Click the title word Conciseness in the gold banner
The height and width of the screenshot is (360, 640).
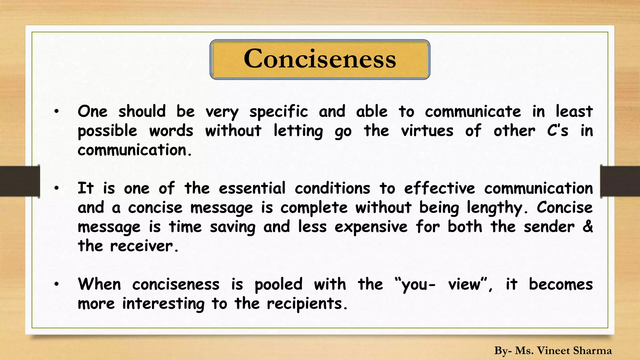tap(320, 59)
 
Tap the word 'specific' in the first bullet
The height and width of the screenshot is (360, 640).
tap(278, 112)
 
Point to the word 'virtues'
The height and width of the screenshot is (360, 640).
tap(427, 131)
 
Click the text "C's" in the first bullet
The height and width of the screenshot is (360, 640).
tap(557, 131)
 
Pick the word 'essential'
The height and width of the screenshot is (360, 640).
tap(252, 188)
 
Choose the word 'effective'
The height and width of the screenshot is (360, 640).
tap(439, 188)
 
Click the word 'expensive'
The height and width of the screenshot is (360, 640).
tap(371, 227)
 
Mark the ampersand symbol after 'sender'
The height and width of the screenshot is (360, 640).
tap(587, 227)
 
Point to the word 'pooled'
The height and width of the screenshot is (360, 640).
tap(278, 285)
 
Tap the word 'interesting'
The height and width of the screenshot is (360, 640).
tap(163, 304)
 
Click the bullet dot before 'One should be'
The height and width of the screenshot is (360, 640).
tap(56, 112)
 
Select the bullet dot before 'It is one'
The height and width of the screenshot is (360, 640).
tap(56, 188)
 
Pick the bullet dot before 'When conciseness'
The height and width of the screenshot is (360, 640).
tap(56, 284)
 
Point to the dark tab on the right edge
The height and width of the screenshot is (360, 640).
tap(620, 181)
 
